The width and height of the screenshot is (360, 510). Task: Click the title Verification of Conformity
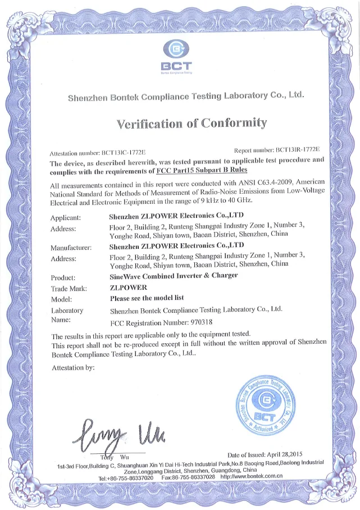(x=192, y=122)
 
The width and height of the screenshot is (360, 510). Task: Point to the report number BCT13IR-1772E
(x=297, y=151)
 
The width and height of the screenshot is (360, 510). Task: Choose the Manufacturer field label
(x=71, y=248)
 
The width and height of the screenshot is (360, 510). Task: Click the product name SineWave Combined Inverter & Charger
(x=174, y=276)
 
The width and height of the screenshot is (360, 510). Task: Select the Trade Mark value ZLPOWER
(x=127, y=287)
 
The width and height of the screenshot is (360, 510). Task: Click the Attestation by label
(x=72, y=368)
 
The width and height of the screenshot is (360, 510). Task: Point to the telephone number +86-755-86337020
(x=128, y=477)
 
